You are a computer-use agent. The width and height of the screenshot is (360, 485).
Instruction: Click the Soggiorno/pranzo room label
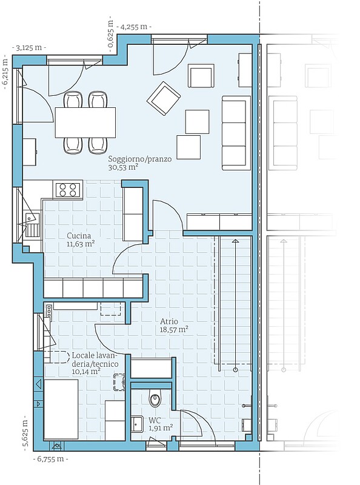tap(140, 159)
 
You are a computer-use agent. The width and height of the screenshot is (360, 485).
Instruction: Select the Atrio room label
tap(169, 322)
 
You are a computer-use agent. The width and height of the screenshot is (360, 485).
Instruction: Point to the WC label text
tap(155, 421)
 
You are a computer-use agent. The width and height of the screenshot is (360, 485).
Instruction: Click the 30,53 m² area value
tap(123, 168)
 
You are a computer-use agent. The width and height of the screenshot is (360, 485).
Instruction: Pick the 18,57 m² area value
tap(174, 330)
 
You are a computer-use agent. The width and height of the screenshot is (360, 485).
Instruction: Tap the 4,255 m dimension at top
tap(133, 27)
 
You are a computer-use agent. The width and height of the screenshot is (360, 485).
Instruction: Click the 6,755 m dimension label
tap(51, 459)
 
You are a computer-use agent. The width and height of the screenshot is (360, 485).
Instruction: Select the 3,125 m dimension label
tap(28, 48)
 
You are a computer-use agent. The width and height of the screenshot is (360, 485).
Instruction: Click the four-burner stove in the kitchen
tap(68, 190)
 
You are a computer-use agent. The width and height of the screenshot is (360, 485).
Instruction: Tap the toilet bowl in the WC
tap(155, 398)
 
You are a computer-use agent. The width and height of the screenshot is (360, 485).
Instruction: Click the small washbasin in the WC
tap(136, 424)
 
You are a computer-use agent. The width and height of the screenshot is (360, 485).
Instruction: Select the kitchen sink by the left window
tap(32, 225)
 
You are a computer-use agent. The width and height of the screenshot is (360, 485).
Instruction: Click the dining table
tap(85, 122)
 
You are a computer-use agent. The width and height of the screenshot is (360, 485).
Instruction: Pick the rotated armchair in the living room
tap(164, 98)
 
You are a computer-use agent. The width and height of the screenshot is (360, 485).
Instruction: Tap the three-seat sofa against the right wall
tap(236, 133)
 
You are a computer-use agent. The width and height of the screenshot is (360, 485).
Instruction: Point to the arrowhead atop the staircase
tap(236, 241)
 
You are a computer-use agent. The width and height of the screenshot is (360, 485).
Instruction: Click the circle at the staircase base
tap(236, 370)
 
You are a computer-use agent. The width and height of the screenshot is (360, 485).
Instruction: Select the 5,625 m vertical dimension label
tap(26, 433)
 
